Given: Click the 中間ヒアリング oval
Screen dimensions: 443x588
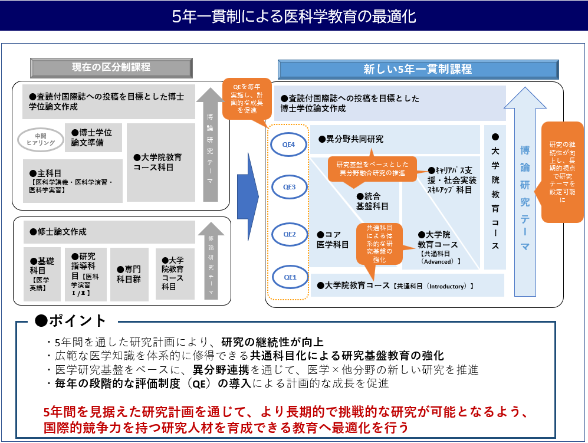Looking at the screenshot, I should tap(41, 140).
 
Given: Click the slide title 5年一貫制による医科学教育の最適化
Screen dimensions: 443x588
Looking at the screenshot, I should tap(294, 16).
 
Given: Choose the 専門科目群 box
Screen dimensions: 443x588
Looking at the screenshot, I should tap(129, 274).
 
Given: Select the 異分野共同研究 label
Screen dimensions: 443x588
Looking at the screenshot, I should tap(354, 139).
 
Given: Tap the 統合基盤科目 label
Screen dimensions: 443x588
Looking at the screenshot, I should tap(372, 201).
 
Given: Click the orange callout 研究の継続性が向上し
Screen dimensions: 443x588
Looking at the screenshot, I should tap(561, 171).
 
